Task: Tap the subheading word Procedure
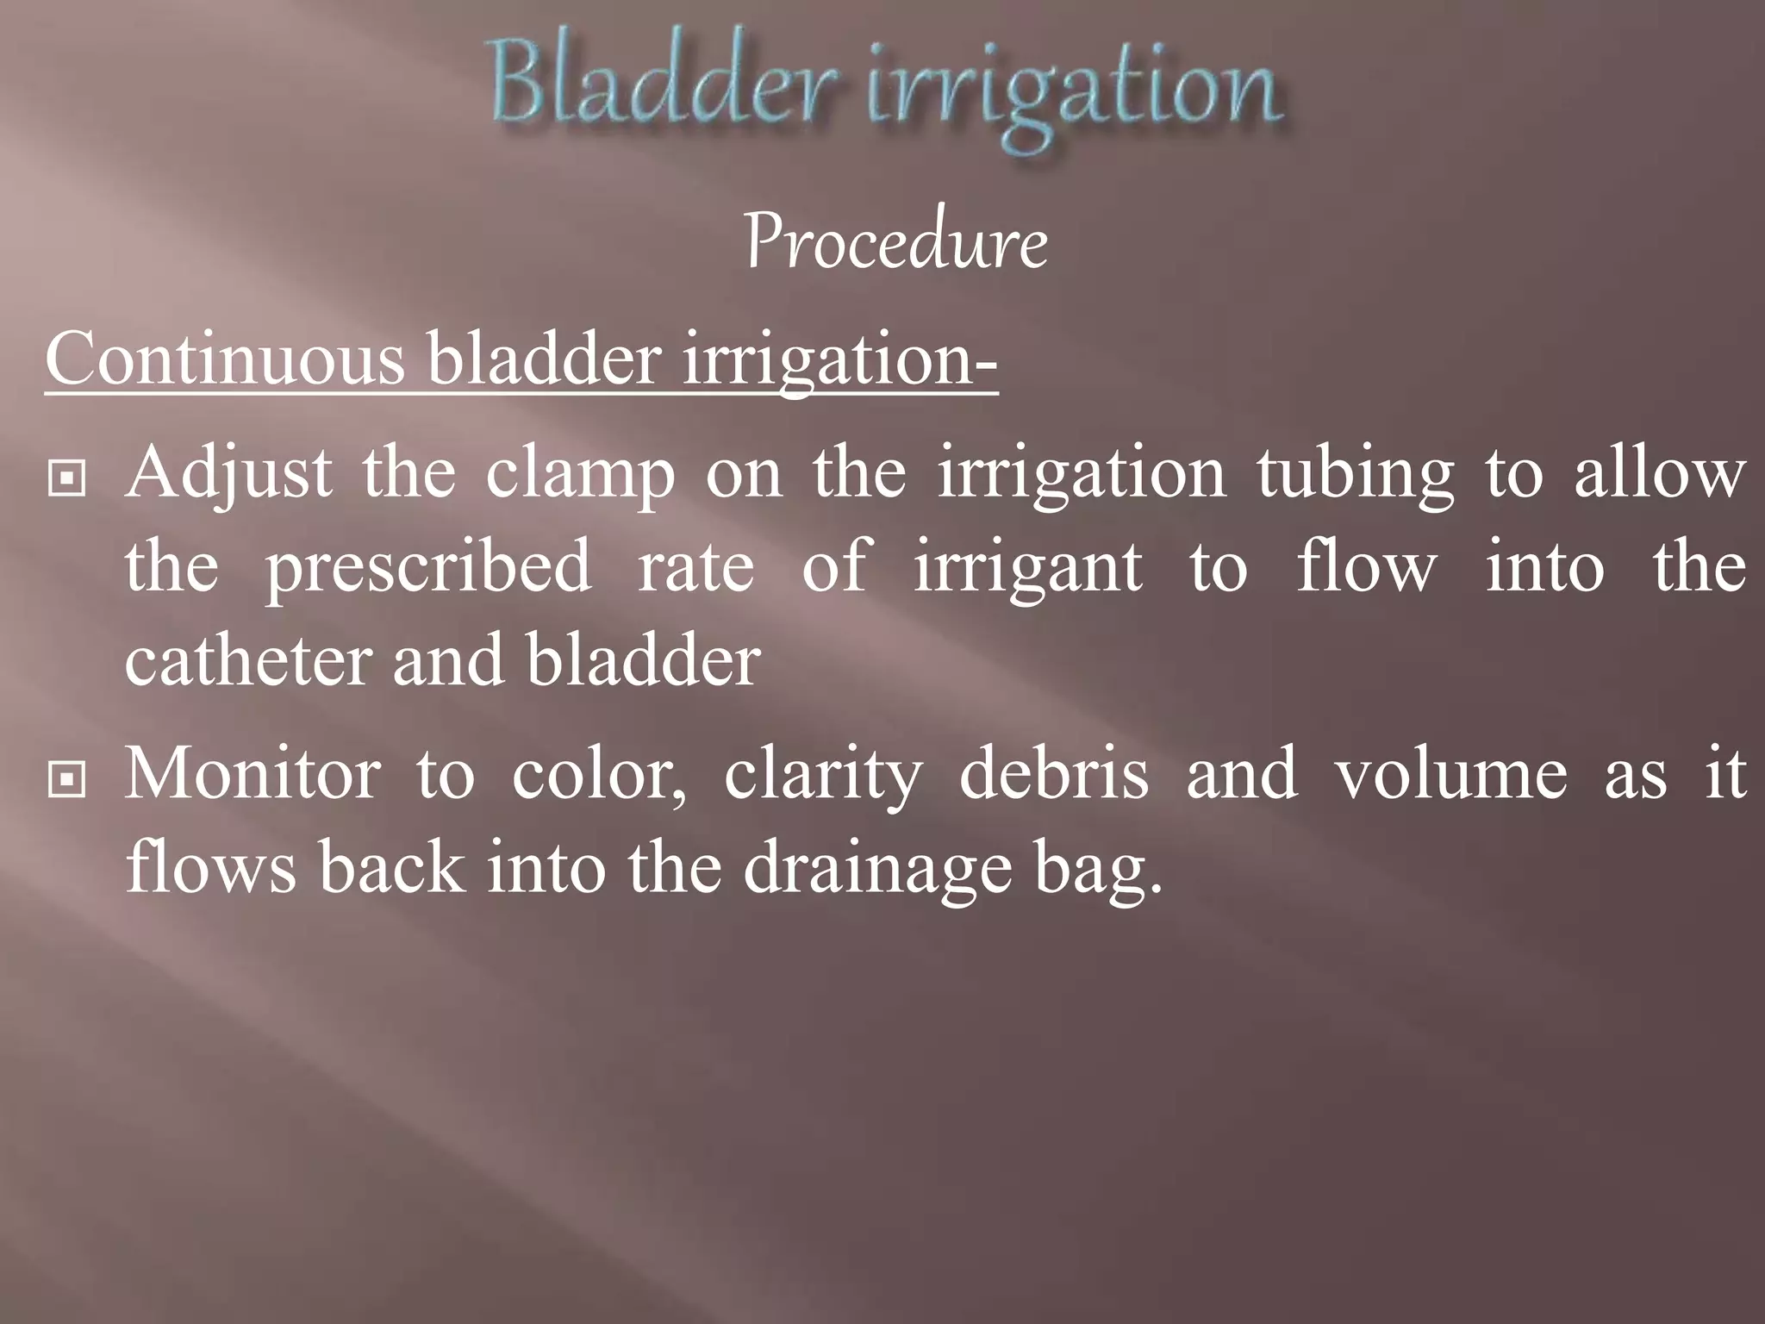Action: (896, 243)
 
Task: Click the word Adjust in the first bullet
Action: (228, 475)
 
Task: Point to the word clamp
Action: (580, 475)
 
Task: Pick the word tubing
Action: (1355, 475)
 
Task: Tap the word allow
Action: (1660, 473)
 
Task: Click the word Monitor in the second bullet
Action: (253, 773)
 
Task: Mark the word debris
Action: (1053, 773)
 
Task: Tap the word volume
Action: (1451, 773)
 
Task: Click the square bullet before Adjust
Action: (66, 479)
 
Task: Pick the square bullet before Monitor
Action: (66, 779)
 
